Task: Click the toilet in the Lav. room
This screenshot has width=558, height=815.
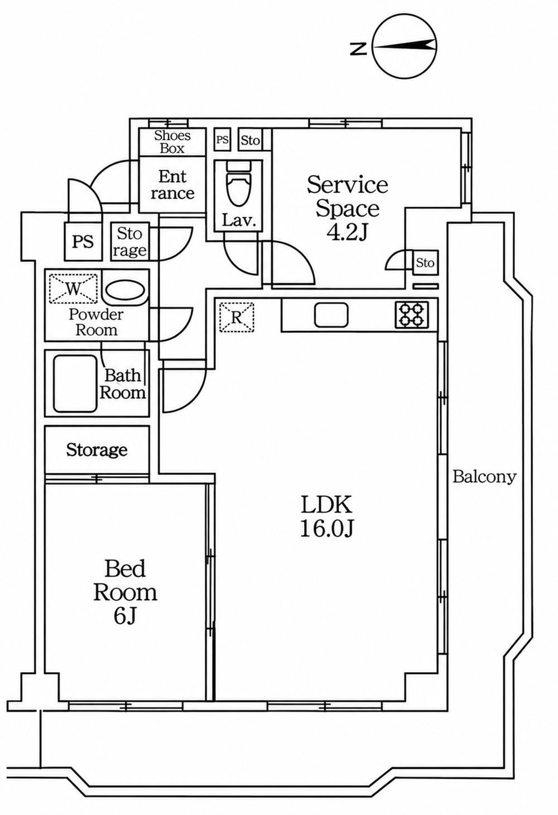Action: pos(239,184)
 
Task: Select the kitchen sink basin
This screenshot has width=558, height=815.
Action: pos(331,315)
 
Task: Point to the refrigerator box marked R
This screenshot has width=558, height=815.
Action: pos(237,317)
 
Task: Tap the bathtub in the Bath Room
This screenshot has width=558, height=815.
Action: pos(75,383)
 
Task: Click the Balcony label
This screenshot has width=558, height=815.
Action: pos(484,477)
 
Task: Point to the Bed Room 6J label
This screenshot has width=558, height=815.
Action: pos(125,592)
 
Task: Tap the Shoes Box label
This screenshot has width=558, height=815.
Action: pos(172,142)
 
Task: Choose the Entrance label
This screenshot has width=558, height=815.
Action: pos(172,185)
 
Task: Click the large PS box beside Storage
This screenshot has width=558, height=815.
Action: pos(83,241)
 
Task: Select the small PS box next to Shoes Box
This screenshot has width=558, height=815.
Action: pos(222,140)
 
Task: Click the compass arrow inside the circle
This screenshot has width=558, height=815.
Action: pos(404,46)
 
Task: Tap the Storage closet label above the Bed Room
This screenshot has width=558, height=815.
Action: pos(97,450)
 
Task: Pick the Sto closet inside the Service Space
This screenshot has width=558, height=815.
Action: pos(426,262)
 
